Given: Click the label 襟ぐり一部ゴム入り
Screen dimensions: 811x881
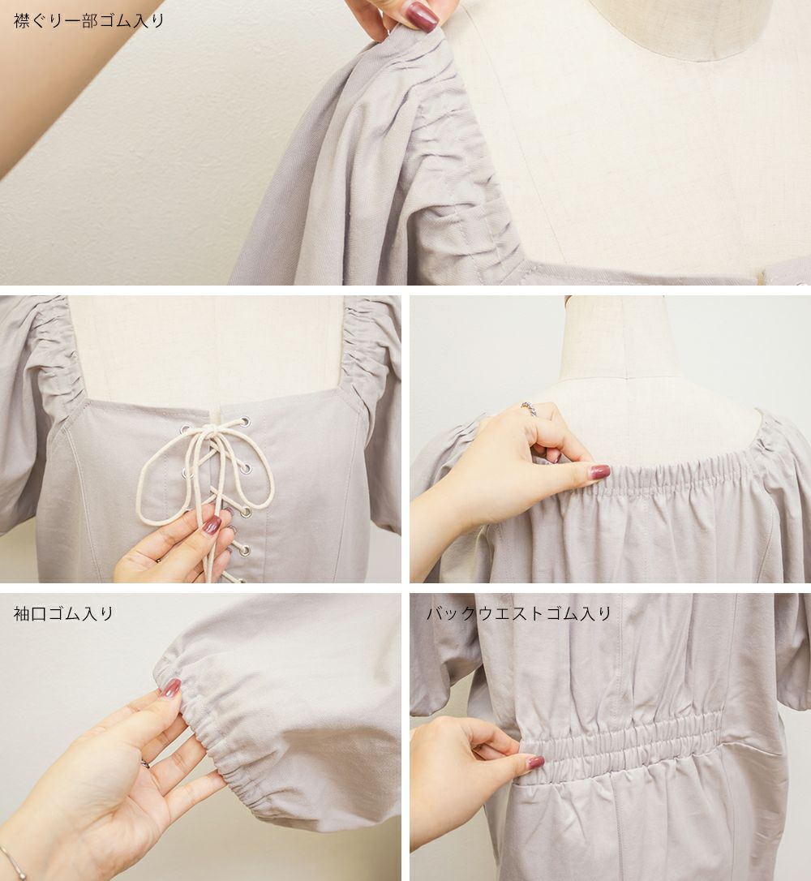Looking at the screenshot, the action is (88, 21).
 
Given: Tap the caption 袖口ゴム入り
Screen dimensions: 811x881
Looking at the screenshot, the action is (63, 613).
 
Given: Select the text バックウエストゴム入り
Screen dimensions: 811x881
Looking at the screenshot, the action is (518, 613).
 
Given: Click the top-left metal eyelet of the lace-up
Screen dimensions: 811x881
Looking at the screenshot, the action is (183, 430).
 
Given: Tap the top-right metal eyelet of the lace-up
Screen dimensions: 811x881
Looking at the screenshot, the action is (245, 420).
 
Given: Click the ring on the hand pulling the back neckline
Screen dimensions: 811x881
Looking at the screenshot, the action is (528, 409).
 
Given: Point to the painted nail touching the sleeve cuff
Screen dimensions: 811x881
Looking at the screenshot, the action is (171, 688).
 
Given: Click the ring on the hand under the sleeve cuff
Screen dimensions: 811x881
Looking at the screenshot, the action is (145, 764).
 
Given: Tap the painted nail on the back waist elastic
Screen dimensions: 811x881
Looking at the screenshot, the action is (535, 763).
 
